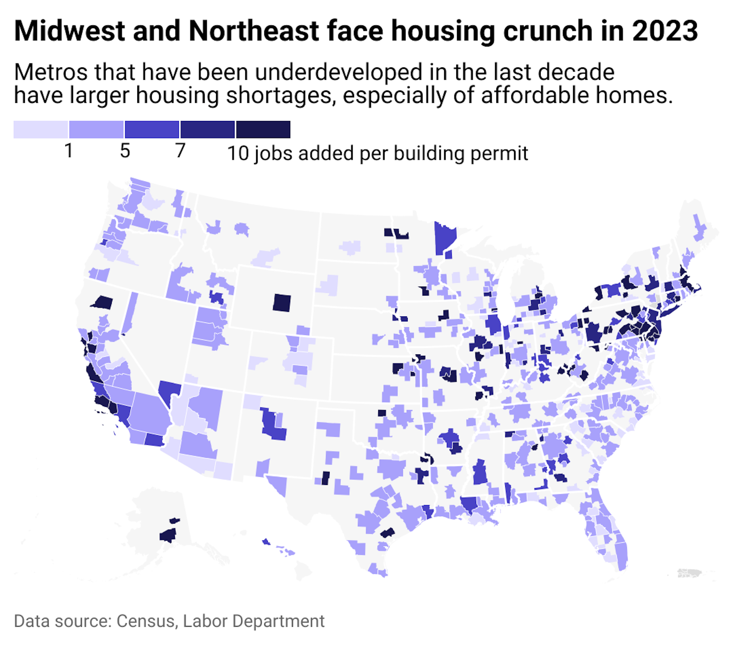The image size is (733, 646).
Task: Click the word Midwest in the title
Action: (69, 31)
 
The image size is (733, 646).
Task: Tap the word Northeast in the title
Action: (254, 31)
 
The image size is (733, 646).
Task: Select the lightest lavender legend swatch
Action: (40, 129)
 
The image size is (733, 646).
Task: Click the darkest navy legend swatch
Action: (263, 129)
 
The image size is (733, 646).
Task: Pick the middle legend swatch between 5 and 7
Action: (152, 129)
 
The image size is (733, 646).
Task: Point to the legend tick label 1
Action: (69, 150)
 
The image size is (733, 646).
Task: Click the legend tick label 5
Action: (125, 150)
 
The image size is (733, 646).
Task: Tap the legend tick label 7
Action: (180, 150)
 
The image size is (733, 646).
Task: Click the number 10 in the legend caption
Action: (238, 154)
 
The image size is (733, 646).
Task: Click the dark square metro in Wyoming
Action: (282, 303)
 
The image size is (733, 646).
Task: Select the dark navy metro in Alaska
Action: (168, 536)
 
